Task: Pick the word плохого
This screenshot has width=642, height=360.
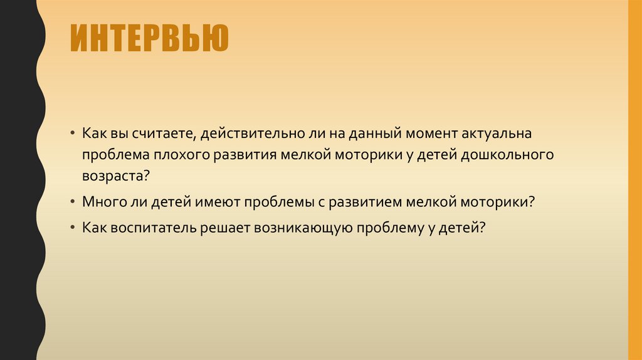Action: click(181, 155)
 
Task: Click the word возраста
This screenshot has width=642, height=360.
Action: click(115, 175)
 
